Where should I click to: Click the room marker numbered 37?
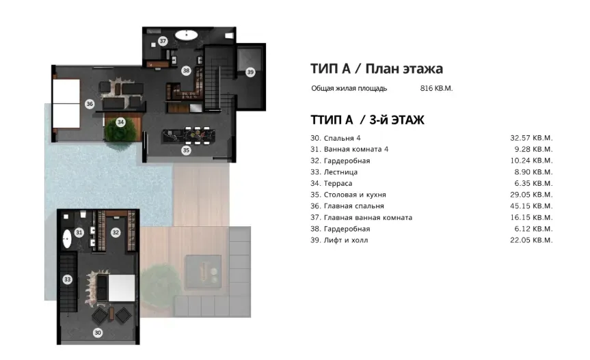coord(163,41)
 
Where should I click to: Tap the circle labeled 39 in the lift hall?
coord(250,72)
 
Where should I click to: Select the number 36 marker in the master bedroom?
coord(90,104)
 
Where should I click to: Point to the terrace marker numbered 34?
coord(120,122)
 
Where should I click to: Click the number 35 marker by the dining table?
coord(186,150)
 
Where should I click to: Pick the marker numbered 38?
coord(186,70)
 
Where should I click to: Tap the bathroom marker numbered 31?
coord(79,232)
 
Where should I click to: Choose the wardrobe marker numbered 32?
coord(116,232)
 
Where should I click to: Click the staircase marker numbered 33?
coord(67,279)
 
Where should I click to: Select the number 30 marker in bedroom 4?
coord(98,333)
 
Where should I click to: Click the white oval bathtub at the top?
coord(186,33)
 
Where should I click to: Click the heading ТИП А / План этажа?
coord(376,68)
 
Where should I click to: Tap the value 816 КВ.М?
coord(436,88)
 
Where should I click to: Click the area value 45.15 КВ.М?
coord(531,206)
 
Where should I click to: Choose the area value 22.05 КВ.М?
coord(531,240)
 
